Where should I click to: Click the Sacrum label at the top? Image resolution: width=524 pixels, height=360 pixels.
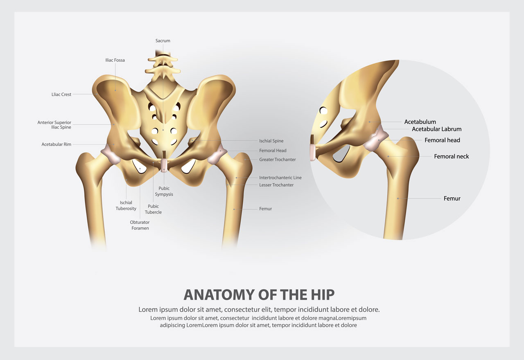163,40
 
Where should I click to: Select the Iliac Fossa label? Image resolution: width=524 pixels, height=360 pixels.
115,60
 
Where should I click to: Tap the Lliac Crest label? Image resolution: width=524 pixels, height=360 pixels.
61,94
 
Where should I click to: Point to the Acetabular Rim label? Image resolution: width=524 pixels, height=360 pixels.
56,144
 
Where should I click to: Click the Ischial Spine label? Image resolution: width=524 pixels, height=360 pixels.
271,141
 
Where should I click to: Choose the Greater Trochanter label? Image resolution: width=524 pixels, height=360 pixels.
278,160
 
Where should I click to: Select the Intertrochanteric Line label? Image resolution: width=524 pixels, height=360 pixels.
280,178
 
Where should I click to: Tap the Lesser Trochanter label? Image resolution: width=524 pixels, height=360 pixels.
276,185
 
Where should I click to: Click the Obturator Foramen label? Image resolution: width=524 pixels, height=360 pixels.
140,225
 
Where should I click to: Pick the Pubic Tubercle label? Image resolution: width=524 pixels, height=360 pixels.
153,209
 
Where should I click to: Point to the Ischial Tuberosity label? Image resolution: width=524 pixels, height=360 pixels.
126,205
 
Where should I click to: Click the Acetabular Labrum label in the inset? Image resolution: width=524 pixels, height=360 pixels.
436,129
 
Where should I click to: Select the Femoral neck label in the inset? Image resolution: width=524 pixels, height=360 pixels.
451,156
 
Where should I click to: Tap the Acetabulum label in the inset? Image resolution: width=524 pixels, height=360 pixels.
420,122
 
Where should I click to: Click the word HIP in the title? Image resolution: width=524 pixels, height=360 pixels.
323,295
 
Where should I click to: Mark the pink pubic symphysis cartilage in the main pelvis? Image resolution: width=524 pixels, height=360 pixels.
164,166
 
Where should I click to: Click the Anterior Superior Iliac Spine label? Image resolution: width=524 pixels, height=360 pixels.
54,125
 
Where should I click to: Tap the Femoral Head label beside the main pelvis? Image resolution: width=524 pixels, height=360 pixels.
273,151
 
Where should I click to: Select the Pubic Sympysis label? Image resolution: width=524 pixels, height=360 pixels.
164,191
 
